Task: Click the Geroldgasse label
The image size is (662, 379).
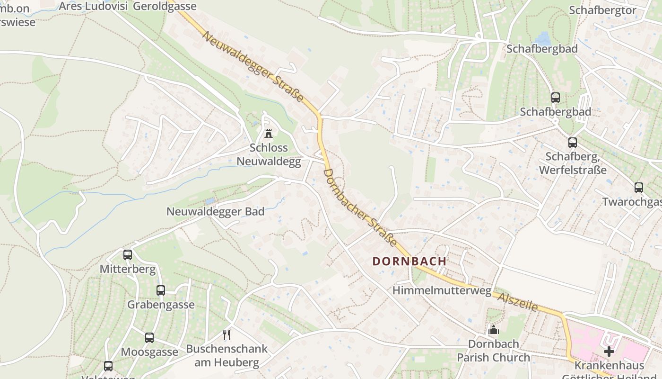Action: pos(165,6)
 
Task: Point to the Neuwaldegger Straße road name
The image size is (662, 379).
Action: pos(253,66)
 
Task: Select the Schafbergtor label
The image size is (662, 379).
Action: pos(602,10)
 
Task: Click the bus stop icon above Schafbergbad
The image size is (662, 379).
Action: pos(556,98)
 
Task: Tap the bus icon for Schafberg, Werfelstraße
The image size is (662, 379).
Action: pos(573,143)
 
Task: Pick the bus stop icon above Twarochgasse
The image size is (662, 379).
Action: pos(639,188)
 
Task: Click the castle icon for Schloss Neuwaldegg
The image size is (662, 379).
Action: pos(269,133)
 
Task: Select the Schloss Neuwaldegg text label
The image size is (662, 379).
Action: pos(269,154)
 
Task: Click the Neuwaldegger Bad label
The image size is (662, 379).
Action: pos(215,211)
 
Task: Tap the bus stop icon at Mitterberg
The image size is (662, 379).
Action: pos(128,255)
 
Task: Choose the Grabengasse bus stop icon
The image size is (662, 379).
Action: pos(161,290)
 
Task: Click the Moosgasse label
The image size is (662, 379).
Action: pos(149,352)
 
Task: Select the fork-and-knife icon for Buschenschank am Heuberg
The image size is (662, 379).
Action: pos(227,335)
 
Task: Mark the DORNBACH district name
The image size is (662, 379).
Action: pos(409,261)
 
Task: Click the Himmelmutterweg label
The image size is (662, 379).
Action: pos(442,290)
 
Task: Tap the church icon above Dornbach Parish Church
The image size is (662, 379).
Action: pos(493,330)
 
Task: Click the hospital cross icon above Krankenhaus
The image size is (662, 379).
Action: pos(609,352)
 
